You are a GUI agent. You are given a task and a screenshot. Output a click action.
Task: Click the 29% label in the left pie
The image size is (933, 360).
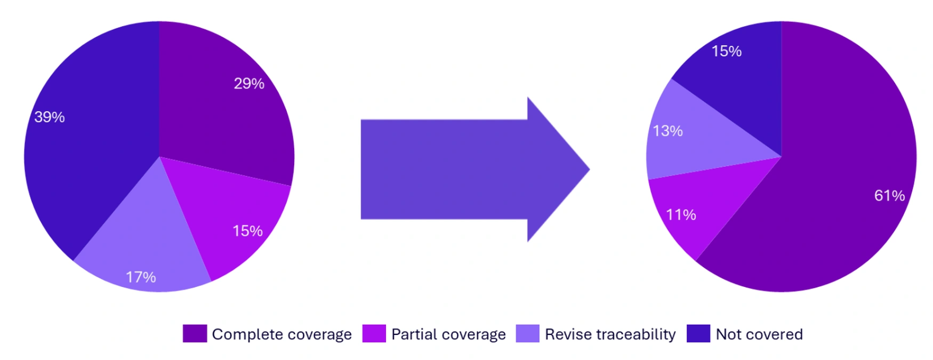click(x=249, y=84)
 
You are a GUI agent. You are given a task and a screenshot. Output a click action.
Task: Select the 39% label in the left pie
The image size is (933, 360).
click(x=50, y=117)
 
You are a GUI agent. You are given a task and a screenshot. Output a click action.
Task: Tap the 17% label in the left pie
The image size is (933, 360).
click(x=141, y=277)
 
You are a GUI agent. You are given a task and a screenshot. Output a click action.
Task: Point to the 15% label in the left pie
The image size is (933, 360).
click(x=247, y=231)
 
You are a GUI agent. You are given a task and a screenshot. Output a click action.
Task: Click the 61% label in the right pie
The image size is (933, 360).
click(x=889, y=196)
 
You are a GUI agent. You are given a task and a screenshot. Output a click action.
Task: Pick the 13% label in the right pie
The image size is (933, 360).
click(x=667, y=131)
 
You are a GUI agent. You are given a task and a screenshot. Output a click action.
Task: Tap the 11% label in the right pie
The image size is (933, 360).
click(x=681, y=215)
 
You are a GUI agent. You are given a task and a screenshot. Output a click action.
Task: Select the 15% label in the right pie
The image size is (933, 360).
click(x=727, y=51)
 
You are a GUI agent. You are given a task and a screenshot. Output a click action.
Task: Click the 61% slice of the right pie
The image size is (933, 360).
click(x=832, y=160)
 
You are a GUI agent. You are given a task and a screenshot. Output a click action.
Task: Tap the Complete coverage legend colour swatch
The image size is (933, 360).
click(x=195, y=334)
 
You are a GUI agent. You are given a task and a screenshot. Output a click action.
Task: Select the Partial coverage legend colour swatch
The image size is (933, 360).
click(x=374, y=334)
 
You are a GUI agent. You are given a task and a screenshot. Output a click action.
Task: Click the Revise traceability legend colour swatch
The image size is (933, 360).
click(x=527, y=334)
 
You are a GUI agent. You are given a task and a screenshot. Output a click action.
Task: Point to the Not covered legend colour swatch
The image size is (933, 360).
click(x=698, y=334)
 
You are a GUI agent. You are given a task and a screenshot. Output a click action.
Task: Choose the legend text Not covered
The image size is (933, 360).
click(x=759, y=334)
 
